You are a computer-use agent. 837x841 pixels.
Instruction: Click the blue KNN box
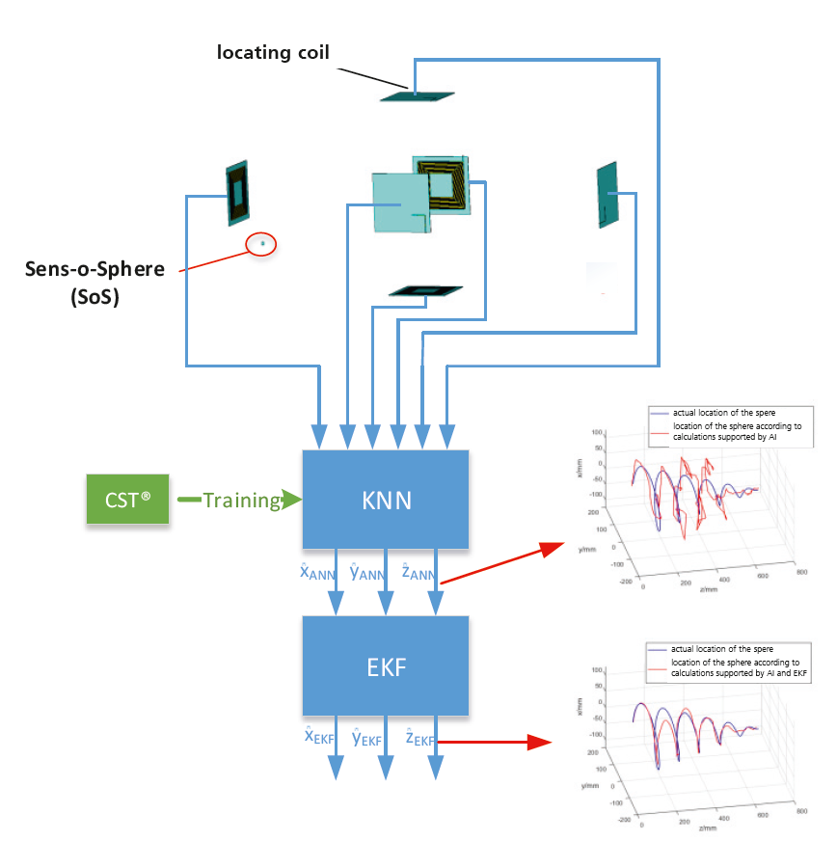point(386,500)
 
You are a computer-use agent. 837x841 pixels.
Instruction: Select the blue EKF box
point(386,665)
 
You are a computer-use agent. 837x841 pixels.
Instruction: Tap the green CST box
point(127,500)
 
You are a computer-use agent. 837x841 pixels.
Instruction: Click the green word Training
point(241,500)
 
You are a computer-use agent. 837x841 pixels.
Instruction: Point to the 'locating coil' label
point(273,52)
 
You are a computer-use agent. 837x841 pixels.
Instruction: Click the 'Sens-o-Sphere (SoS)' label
point(94,282)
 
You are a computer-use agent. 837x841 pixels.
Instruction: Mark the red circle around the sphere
point(261,244)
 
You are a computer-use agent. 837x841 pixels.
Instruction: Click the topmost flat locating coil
point(417,95)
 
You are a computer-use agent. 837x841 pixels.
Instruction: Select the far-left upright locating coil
point(237,193)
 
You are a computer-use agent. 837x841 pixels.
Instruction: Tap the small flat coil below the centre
point(425,290)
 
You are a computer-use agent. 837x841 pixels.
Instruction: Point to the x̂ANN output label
point(318,573)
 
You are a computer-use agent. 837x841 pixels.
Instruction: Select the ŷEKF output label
point(369,739)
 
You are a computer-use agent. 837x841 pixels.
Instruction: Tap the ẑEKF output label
point(419,739)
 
